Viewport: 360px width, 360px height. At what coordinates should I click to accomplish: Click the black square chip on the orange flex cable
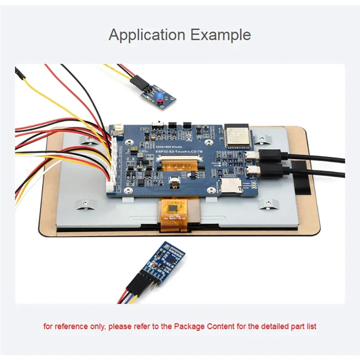pyautogui.click(x=173, y=208)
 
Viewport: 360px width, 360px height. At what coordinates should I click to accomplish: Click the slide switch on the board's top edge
pyautogui.click(x=158, y=123)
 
